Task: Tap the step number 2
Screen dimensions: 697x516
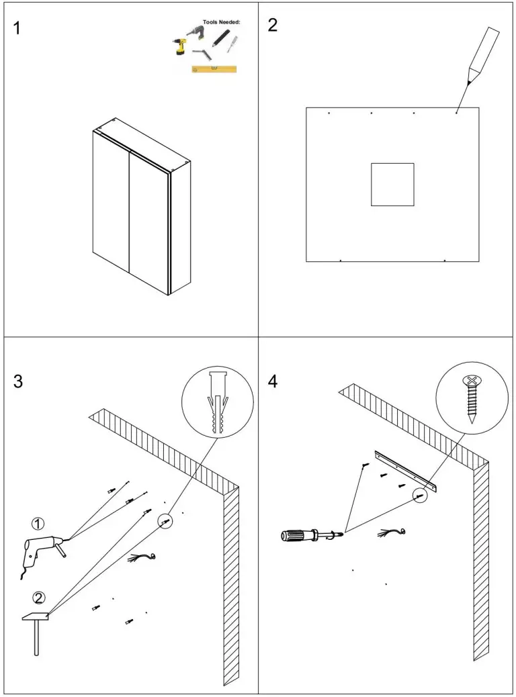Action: click(273, 26)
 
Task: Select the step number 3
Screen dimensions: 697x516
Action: click(19, 381)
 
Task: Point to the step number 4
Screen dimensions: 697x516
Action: click(273, 381)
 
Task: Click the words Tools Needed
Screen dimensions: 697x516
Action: click(221, 22)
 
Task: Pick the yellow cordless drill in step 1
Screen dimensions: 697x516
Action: click(179, 46)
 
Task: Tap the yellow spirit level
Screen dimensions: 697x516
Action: click(214, 68)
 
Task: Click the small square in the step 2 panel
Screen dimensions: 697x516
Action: click(392, 184)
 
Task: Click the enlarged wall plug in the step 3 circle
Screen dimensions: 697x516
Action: click(218, 402)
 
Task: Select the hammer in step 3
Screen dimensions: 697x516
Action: click(35, 628)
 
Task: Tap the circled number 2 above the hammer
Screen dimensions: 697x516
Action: click(39, 597)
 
